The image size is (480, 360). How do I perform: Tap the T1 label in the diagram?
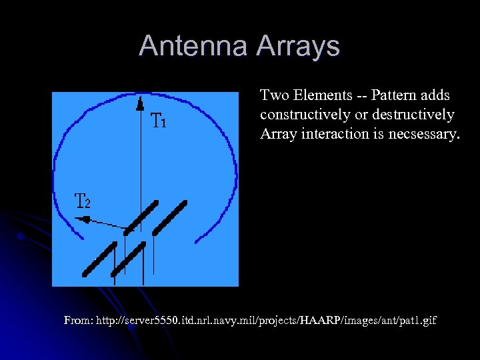click(x=159, y=121)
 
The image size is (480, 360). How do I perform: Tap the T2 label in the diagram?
click(x=82, y=201)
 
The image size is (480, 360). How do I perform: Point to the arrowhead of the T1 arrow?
click(x=139, y=102)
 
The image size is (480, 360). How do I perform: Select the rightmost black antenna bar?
click(x=170, y=218)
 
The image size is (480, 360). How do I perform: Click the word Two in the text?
click(x=273, y=95)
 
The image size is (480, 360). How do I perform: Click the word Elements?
click(x=318, y=95)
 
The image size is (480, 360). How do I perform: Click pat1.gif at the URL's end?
click(x=419, y=321)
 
